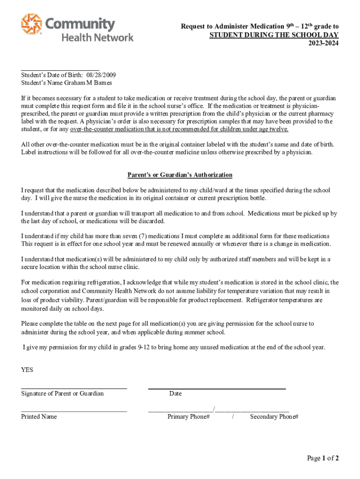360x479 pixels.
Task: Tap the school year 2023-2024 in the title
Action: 323,44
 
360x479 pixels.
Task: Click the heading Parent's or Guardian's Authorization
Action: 180,175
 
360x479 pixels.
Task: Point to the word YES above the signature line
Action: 27,370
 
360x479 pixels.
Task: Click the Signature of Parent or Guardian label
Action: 62,393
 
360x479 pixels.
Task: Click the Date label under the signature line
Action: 175,393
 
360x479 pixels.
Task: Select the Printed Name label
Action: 39,416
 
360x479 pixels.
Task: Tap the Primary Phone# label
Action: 188,416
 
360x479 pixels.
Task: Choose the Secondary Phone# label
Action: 274,416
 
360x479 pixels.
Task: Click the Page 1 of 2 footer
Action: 323,458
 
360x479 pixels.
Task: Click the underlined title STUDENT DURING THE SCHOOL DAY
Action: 274,36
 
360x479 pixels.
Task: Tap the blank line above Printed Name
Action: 74,411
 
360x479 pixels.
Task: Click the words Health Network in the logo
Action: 98,37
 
